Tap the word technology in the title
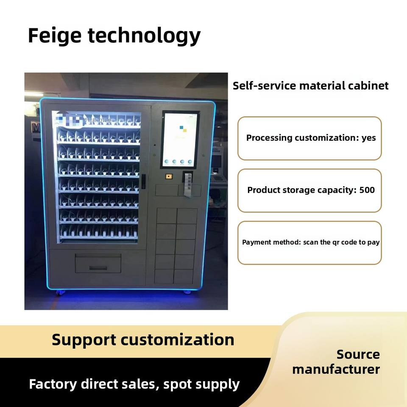coord(144,36)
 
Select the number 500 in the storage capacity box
coord(367,190)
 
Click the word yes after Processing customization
coord(368,138)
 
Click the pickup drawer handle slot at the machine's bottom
coord(98,268)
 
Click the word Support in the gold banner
coord(84,340)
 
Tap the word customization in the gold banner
coord(177,340)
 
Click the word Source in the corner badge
coord(358,354)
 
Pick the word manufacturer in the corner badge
coord(336,369)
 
